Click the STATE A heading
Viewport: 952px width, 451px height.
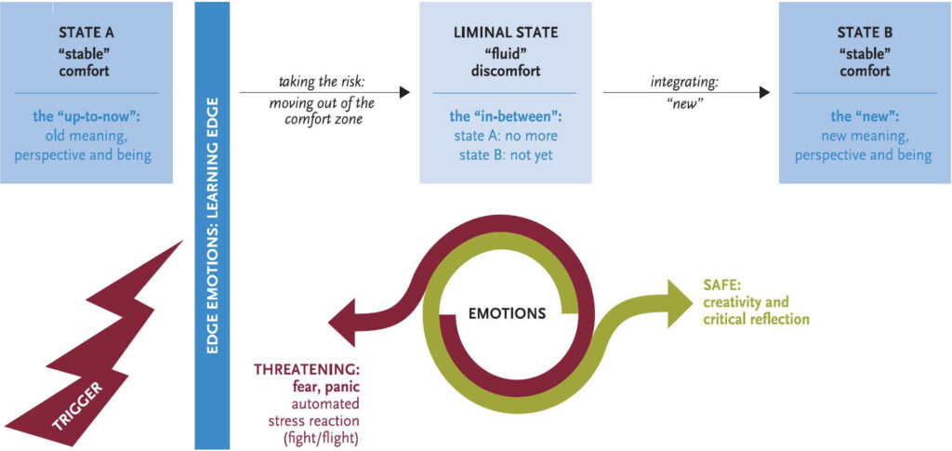pos(86,33)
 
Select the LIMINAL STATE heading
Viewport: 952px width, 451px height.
pos(505,33)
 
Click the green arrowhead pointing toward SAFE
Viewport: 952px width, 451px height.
pos(679,302)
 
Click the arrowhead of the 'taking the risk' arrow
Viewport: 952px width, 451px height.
pos(404,93)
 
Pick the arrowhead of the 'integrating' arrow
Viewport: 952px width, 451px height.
pos(764,93)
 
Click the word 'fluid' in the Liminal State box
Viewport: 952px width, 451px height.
pos(505,51)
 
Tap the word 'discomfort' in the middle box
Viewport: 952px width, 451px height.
pos(505,70)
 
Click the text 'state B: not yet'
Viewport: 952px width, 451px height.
pos(505,154)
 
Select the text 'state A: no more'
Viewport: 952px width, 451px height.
pos(505,137)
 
